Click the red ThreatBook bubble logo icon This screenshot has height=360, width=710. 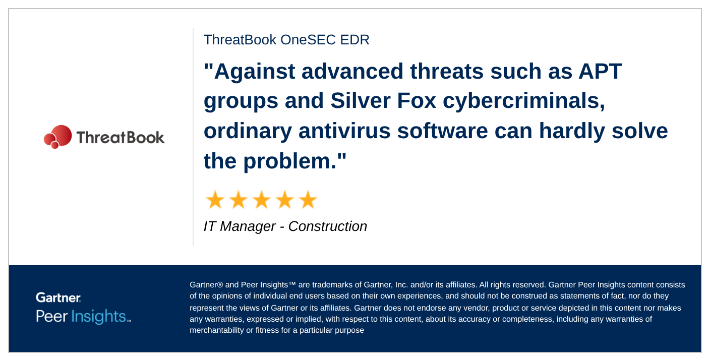[x=57, y=137]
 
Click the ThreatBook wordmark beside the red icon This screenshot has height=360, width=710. [x=121, y=138]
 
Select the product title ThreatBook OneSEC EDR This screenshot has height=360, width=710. [x=286, y=40]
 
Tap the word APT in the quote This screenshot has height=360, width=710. [x=601, y=71]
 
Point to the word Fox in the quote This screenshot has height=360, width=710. [x=417, y=101]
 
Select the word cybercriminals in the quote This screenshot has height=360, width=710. [x=523, y=101]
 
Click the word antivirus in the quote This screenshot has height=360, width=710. [x=344, y=131]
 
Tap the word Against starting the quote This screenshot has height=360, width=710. [x=255, y=72]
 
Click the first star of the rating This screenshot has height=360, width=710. [x=215, y=200]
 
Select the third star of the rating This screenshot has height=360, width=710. [x=262, y=200]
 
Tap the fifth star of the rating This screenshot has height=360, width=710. [x=308, y=200]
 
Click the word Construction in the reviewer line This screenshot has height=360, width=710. [x=327, y=226]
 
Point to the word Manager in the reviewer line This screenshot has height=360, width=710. [x=248, y=227]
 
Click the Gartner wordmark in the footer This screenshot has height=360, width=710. [x=58, y=297]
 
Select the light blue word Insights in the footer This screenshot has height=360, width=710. [x=98, y=316]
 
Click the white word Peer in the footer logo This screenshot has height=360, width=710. [x=51, y=316]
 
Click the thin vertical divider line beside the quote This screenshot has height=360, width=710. [x=193, y=137]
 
